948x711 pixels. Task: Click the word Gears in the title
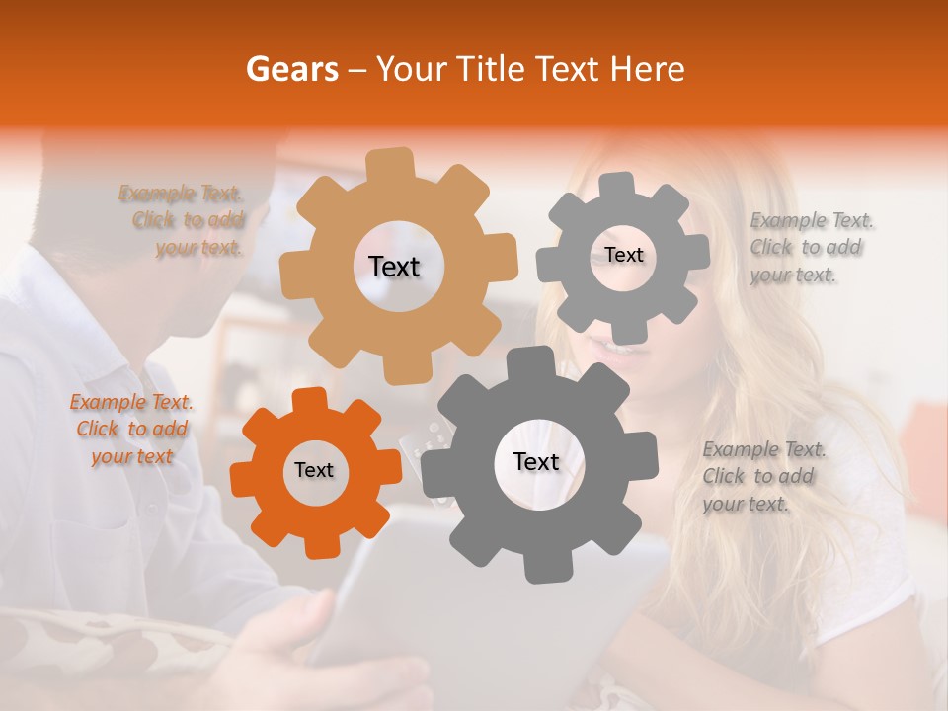tap(290, 69)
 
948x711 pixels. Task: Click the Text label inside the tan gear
tap(394, 267)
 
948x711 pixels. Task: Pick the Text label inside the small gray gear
tap(624, 255)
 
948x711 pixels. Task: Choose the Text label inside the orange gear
tap(314, 471)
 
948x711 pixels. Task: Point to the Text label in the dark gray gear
tap(536, 462)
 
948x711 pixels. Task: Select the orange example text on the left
tap(131, 429)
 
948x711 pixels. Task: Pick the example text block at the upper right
tap(811, 247)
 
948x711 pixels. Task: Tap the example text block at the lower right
tap(763, 476)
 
